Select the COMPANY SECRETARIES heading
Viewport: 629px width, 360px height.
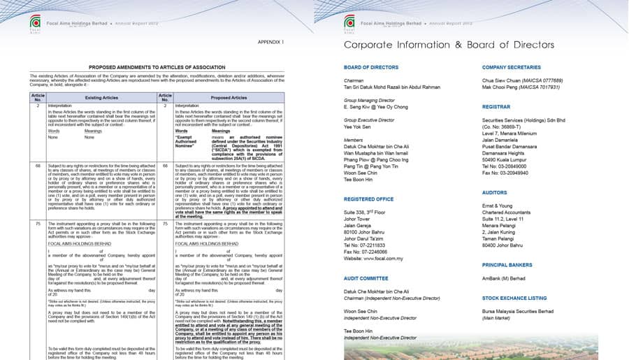click(512, 67)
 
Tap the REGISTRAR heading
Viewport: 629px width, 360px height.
click(496, 107)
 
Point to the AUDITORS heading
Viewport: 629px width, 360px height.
click(495, 192)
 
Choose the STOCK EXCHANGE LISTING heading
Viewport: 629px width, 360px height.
click(514, 298)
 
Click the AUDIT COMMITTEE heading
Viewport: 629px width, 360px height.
click(366, 278)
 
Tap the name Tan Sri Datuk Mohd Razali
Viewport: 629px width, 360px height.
click(391, 87)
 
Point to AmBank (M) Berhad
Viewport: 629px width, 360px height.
click(503, 278)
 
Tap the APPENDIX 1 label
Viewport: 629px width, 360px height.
click(271, 42)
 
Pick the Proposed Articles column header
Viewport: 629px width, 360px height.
click(229, 98)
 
